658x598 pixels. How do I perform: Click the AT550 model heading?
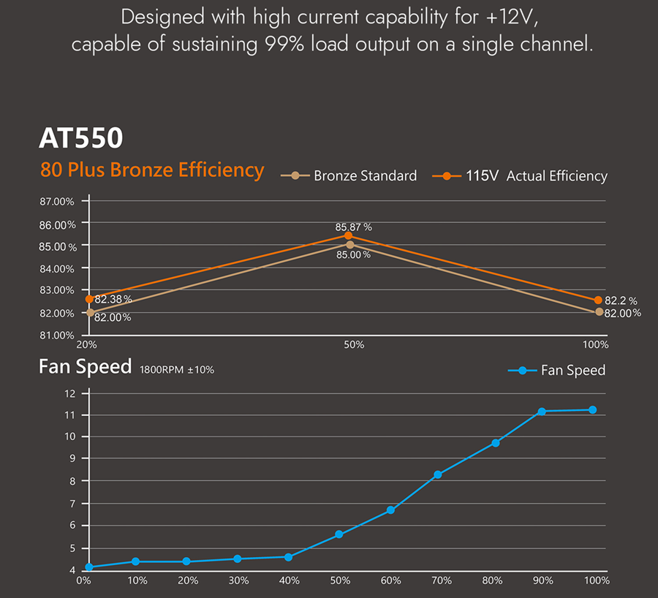(81, 138)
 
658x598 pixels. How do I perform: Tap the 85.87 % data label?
(354, 227)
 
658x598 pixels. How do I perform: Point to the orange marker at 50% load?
(349, 235)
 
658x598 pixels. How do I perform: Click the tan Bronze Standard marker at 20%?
(90, 312)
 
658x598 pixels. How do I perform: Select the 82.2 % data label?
(621, 300)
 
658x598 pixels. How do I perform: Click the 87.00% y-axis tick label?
(57, 201)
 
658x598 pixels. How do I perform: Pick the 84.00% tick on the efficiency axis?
(57, 268)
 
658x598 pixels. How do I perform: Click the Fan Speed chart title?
(85, 367)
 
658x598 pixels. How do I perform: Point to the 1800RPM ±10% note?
(177, 370)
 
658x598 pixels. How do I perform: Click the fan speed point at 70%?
(438, 474)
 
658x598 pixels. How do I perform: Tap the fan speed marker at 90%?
(542, 412)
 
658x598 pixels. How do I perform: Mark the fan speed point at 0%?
(89, 567)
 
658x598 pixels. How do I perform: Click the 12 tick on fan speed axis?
(70, 393)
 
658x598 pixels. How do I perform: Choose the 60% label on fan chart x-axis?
(391, 580)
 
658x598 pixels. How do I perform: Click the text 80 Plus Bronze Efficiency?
(152, 170)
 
